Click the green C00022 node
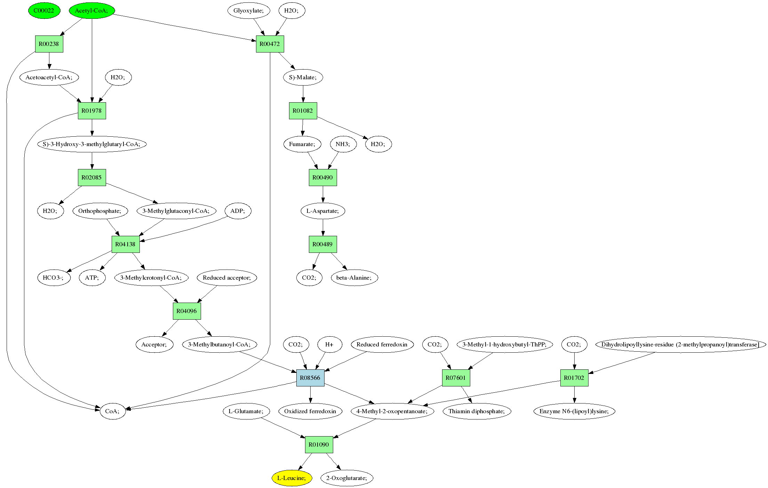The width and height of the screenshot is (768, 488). pos(44,10)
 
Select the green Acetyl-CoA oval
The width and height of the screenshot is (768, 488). pos(92,10)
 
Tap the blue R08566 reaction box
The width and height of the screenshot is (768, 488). pos(310,378)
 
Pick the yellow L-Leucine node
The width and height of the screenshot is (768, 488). pos(292,478)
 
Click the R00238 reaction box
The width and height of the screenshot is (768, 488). pos(49,44)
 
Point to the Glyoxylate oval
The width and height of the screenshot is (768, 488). pos(249,10)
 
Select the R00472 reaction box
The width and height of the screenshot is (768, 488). pos(270,44)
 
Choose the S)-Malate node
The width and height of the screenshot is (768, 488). pos(303,77)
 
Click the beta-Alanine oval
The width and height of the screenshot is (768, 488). pos(354,278)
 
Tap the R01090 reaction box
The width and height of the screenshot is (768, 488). pos(319,445)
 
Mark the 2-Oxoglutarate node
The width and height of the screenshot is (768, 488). pos(347,478)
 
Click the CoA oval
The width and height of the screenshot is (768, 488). pos(113,411)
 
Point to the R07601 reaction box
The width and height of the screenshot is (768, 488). pos(456,378)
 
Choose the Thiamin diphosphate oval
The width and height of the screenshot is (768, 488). pos(477,411)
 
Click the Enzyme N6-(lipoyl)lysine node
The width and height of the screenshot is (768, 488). pos(574,411)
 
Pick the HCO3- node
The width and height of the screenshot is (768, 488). pos(54,278)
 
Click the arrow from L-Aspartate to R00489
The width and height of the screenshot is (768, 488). pos(323,227)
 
